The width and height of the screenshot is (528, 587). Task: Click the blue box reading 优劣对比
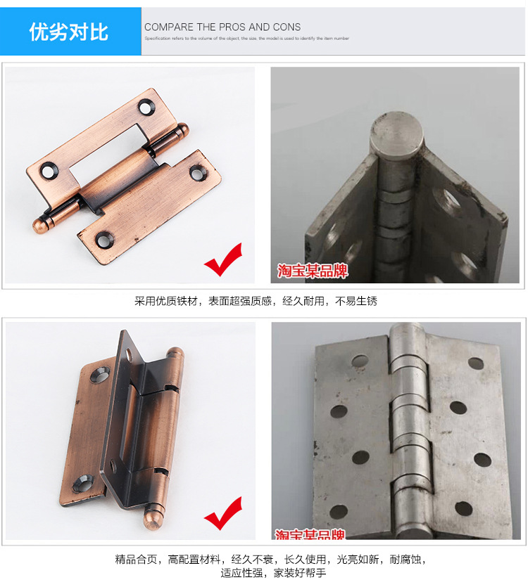[70, 32]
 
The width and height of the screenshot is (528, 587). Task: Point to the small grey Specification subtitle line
[246, 39]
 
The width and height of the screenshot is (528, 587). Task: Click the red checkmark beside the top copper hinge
[223, 260]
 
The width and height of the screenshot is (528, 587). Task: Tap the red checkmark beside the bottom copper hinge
[223, 514]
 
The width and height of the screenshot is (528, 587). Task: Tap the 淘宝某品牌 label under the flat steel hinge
[310, 535]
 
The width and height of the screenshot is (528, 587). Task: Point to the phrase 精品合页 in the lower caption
[137, 560]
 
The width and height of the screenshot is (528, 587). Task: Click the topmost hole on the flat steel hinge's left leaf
[360, 361]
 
